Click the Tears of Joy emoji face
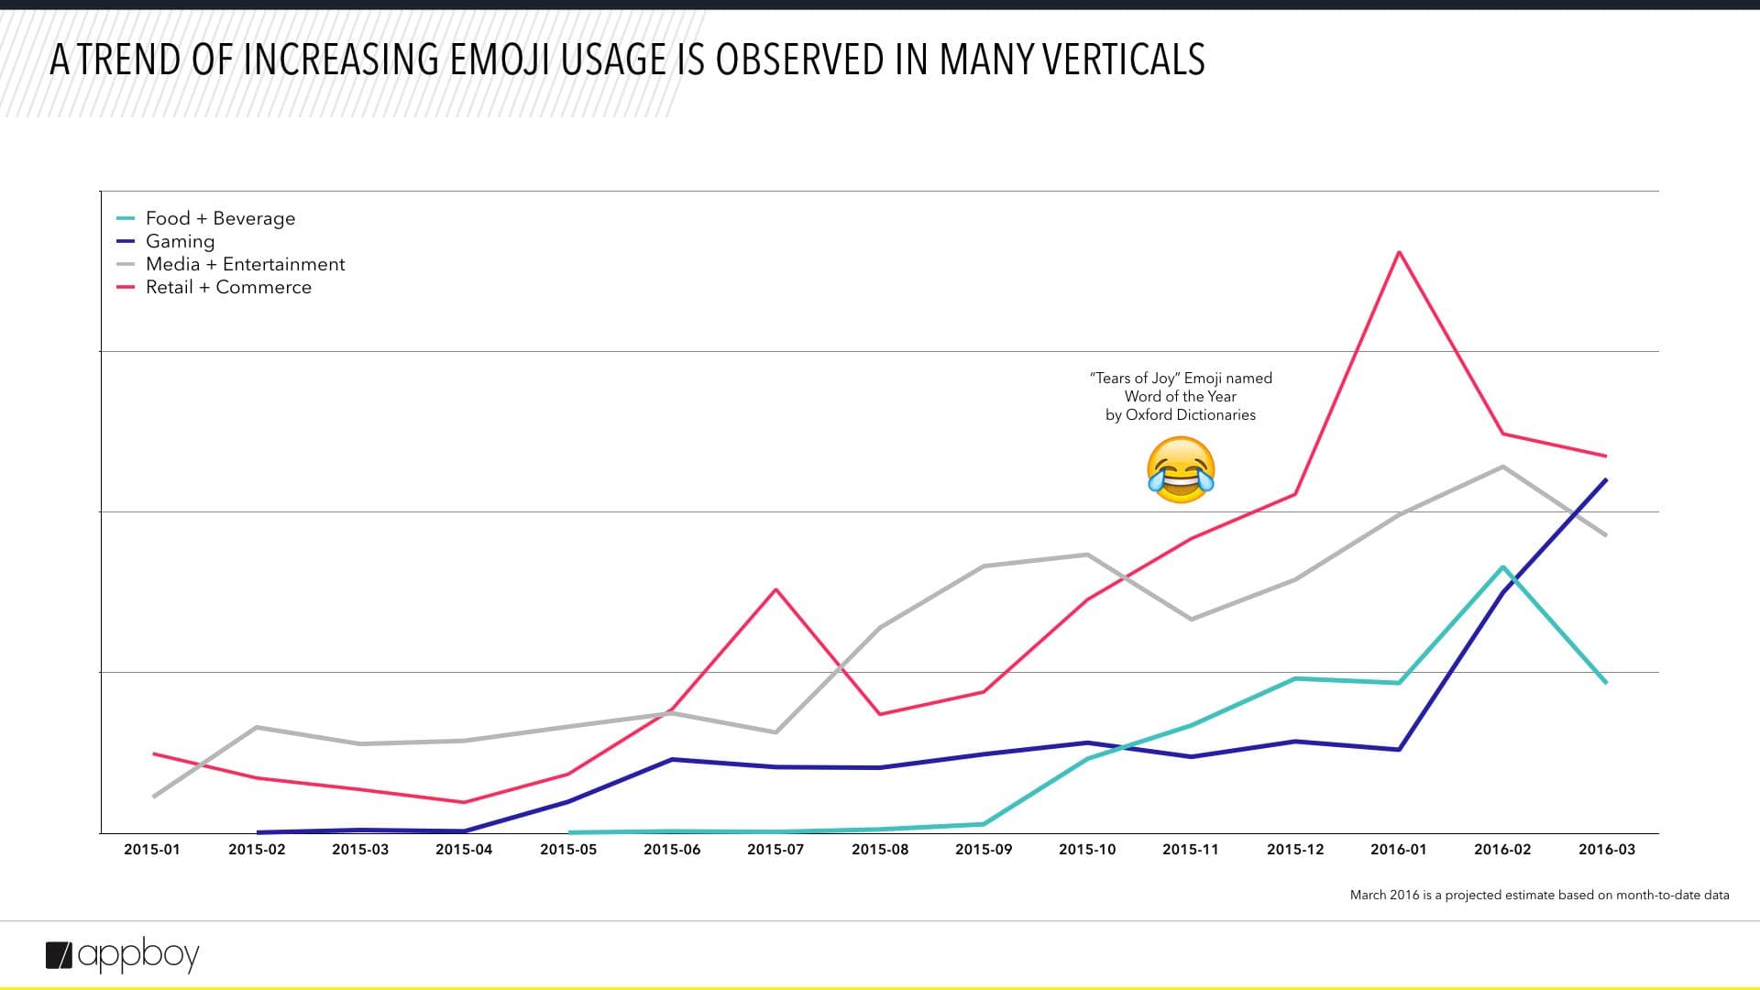tap(1181, 469)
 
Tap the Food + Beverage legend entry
tap(220, 218)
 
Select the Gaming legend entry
tap(180, 241)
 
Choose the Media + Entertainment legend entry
tap(245, 264)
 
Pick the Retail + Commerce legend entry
tap(228, 287)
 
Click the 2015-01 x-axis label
tap(152, 850)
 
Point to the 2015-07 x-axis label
tap(775, 850)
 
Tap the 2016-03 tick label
tap(1606, 850)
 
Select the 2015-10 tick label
tap(1087, 850)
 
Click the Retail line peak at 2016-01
tap(1399, 252)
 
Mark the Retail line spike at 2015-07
tap(776, 589)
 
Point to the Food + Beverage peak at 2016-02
tap(1502, 567)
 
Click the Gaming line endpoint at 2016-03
tap(1606, 480)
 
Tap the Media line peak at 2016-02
tap(1502, 467)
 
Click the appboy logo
tap(123, 955)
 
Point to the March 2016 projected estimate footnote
tap(1539, 895)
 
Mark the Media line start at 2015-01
tap(153, 797)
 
